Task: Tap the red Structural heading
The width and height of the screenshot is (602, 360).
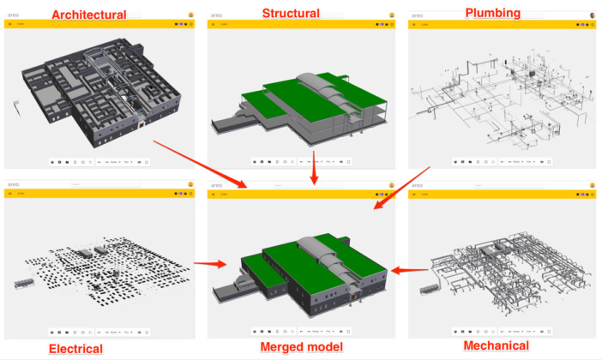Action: point(291,13)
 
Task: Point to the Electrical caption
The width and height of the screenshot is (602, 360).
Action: point(76,349)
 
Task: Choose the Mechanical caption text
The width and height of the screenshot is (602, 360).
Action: point(502,345)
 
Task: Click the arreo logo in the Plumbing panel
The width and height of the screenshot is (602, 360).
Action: point(418,15)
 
